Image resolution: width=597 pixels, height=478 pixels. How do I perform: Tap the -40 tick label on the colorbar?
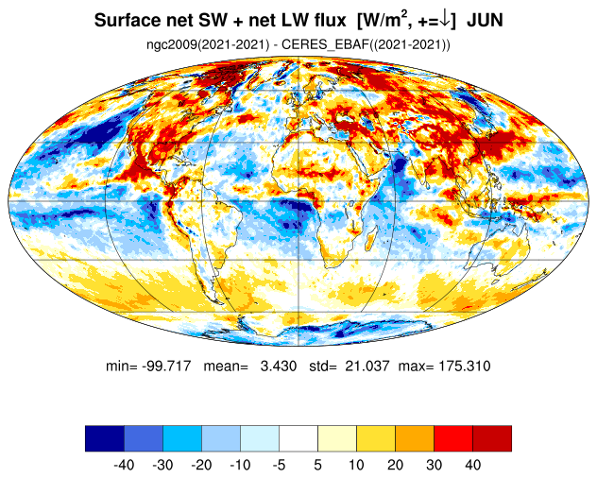point(123,465)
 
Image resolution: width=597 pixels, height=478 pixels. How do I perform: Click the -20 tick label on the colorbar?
point(201,465)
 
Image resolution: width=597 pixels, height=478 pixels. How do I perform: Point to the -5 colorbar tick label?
point(279,465)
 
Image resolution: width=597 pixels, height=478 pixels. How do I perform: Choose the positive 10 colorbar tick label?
point(356,465)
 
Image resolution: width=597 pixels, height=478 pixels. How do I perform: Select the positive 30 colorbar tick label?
point(434,465)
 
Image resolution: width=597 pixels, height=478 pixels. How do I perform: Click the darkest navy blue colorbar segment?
point(104,437)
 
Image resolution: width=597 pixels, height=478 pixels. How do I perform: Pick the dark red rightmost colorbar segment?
point(492,437)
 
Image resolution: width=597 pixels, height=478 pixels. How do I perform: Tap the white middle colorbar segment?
point(298,437)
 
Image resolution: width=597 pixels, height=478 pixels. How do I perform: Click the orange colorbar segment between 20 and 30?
point(415,437)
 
